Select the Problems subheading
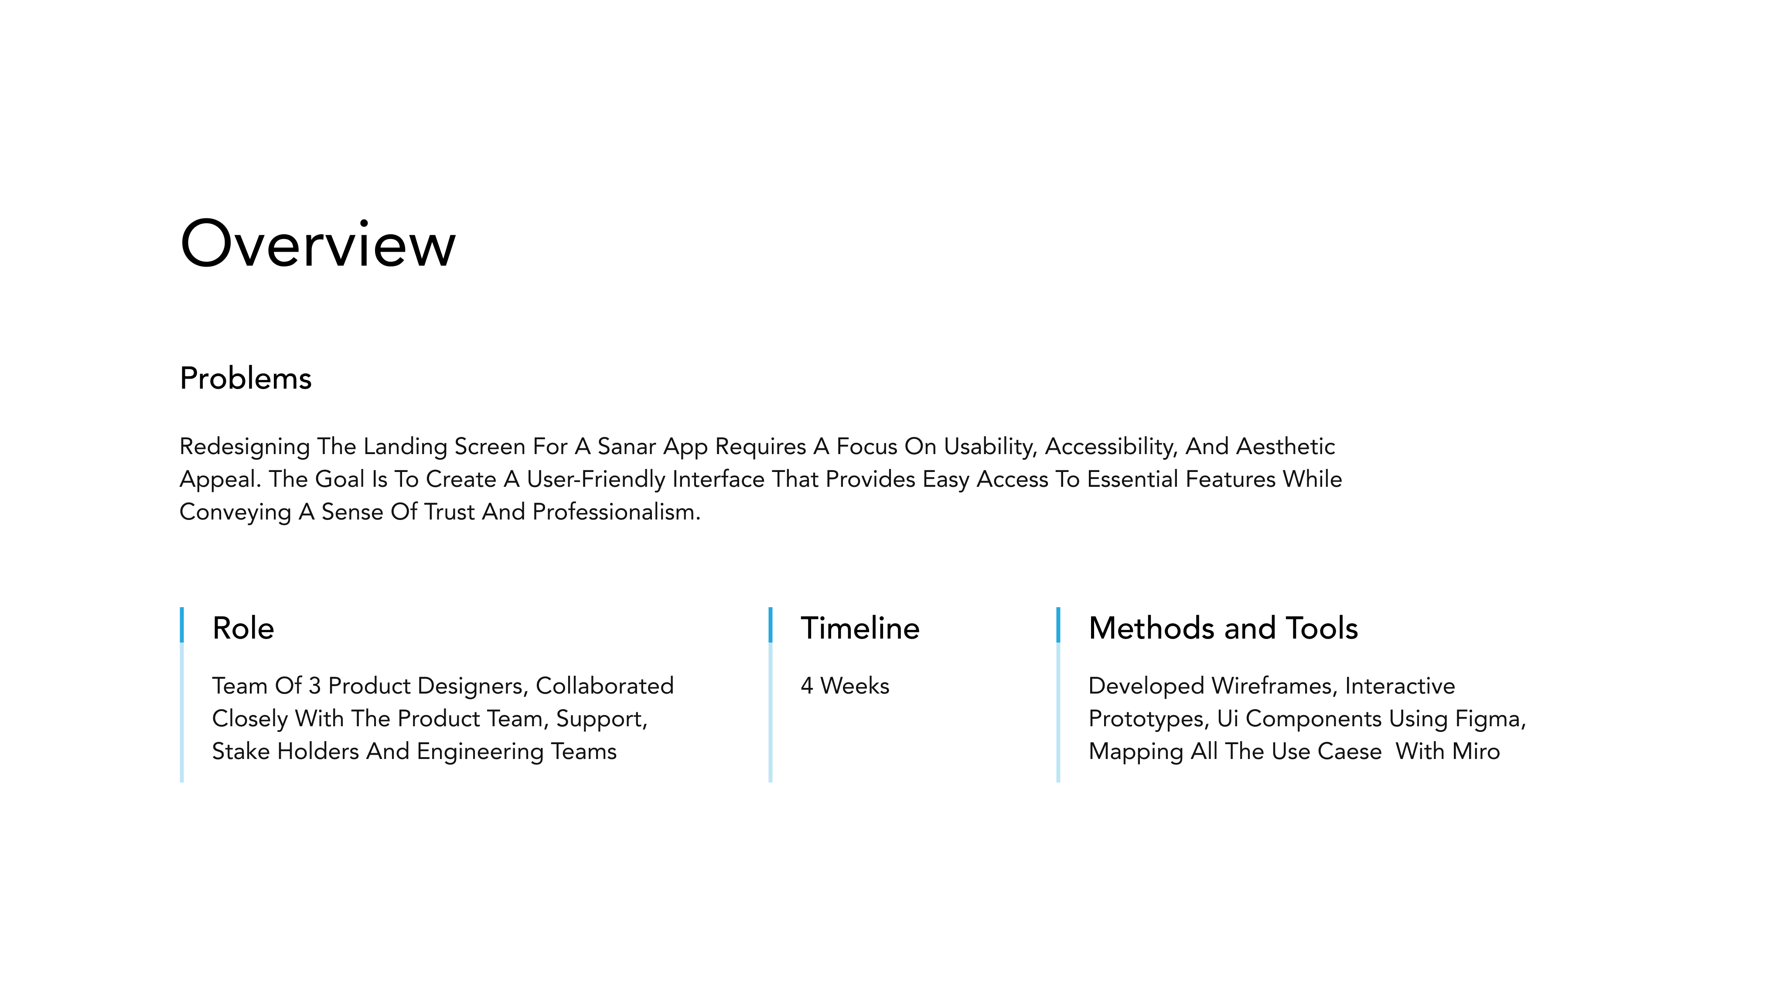pos(246,378)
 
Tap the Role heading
pos(243,628)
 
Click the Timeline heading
pos(860,628)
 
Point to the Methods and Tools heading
pos(1223,628)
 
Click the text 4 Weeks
pos(845,686)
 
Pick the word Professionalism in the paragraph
pos(617,512)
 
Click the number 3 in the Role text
pos(314,686)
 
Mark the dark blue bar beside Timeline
pos(770,625)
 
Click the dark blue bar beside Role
pos(182,625)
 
